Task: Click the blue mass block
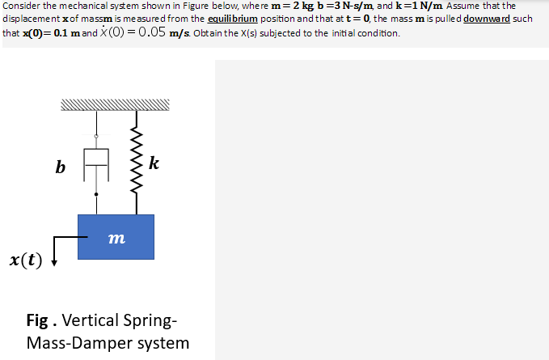[116, 236]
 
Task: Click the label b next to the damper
[60, 167]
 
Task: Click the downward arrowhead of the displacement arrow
[53, 260]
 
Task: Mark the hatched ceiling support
[116, 104]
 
